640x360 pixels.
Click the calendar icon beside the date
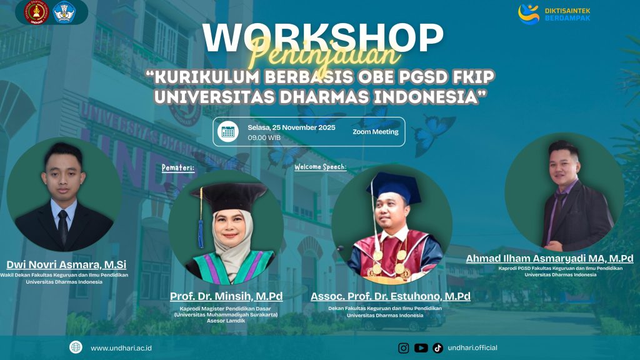coord(228,131)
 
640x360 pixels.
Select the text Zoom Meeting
coord(376,132)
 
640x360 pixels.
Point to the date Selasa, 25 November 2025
coord(291,127)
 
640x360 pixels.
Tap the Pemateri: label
coord(178,167)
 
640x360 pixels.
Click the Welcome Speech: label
coord(320,167)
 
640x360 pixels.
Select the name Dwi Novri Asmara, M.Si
coord(66,264)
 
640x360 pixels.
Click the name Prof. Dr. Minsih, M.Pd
coord(226,296)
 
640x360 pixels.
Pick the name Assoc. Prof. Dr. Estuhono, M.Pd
coord(390,296)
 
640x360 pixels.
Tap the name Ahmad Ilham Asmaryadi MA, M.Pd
coord(549,258)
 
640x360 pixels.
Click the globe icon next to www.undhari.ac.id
coord(76,347)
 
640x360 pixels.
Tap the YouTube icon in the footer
coord(421,347)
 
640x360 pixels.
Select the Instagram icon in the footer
coord(404,347)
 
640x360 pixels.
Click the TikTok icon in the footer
coord(437,347)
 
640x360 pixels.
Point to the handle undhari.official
coord(473,347)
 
